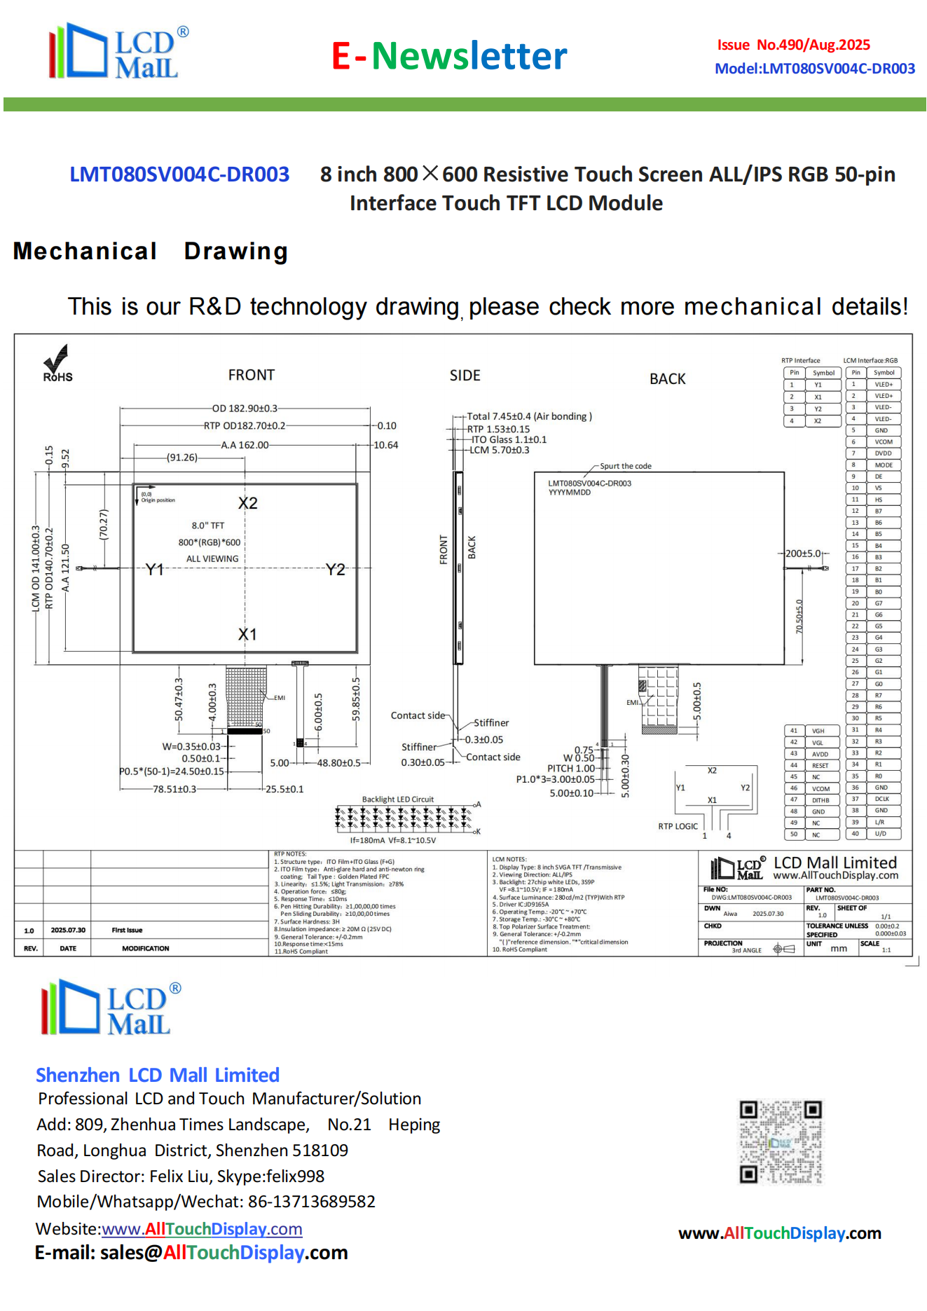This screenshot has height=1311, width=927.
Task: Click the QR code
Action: click(x=781, y=1141)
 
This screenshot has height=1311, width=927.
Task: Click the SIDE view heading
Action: click(x=465, y=376)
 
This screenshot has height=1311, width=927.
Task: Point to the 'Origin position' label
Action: click(x=158, y=500)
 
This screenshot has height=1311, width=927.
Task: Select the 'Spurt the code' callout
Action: click(x=625, y=466)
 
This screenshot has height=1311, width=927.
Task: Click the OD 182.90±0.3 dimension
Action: click(x=245, y=408)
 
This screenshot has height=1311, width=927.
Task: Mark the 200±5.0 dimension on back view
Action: click(x=802, y=554)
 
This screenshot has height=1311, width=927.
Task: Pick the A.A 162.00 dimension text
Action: click(x=245, y=445)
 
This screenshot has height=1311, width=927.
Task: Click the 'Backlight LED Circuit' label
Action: click(x=397, y=799)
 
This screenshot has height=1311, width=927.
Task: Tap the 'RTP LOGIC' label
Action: click(x=678, y=826)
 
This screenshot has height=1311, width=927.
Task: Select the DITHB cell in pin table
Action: click(x=820, y=800)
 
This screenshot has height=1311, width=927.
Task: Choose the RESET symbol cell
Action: click(x=820, y=766)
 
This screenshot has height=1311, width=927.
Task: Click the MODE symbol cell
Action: click(x=884, y=465)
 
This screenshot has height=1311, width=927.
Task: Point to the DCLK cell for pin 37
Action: click(x=881, y=799)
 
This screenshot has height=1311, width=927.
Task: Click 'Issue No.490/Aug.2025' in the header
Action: click(x=793, y=45)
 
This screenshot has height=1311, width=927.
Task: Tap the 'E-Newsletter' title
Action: click(x=449, y=56)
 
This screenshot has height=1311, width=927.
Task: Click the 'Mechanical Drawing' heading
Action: click(x=151, y=251)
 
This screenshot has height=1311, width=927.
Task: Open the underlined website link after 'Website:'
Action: click(x=202, y=1228)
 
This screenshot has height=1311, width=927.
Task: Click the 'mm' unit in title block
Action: click(x=838, y=949)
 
